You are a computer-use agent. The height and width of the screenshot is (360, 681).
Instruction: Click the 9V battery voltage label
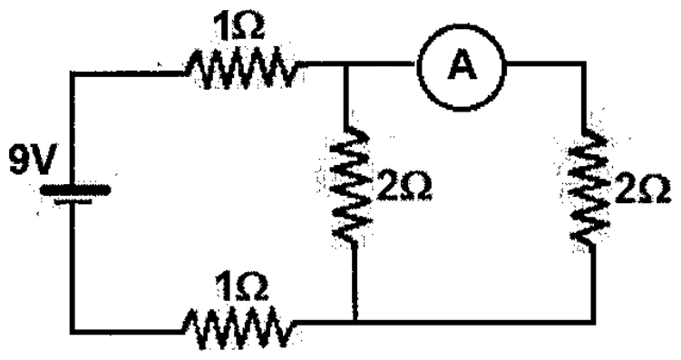[32, 161]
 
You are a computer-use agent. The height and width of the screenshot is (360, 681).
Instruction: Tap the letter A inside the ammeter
[462, 66]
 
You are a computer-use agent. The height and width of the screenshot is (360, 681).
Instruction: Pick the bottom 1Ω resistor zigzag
[238, 326]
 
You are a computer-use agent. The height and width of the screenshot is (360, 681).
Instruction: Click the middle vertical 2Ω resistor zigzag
[352, 186]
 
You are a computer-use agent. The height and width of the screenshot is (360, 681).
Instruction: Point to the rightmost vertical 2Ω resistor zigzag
[589, 186]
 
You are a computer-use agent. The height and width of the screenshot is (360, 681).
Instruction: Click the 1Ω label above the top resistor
[238, 27]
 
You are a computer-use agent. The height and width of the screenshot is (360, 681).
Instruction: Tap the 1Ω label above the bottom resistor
[241, 287]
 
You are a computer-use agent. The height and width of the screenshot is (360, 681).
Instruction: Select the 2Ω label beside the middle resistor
[404, 187]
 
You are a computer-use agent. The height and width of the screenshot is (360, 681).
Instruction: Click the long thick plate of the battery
[74, 190]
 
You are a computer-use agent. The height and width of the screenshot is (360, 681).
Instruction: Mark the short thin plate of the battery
[73, 201]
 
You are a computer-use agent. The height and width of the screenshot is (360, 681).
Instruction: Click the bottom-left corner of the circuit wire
[73, 331]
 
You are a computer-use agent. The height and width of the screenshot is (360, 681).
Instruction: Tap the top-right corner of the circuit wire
[583, 64]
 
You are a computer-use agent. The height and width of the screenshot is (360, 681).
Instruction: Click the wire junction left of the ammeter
[345, 65]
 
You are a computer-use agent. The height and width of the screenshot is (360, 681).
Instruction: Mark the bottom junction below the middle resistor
[355, 322]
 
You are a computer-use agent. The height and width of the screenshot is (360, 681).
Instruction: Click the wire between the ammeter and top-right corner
[544, 64]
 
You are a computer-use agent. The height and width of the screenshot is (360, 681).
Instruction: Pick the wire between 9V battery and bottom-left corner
[73, 268]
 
